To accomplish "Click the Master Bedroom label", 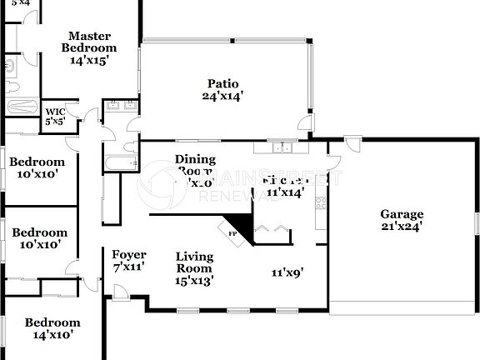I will click(90, 47).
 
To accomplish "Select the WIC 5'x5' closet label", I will click(55, 116).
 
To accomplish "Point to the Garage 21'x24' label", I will click(402, 219).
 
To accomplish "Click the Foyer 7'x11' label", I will click(129, 261).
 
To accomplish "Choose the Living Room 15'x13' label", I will click(194, 268).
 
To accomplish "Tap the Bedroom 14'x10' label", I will click(52, 328).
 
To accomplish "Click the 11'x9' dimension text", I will click(287, 272).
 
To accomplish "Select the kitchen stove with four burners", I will click(322, 202).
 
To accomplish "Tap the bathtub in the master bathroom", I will click(22, 107).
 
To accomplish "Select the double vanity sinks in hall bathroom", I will click(121, 106).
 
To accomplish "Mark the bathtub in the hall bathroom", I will click(120, 162).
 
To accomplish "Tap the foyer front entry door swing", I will click(121, 292).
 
